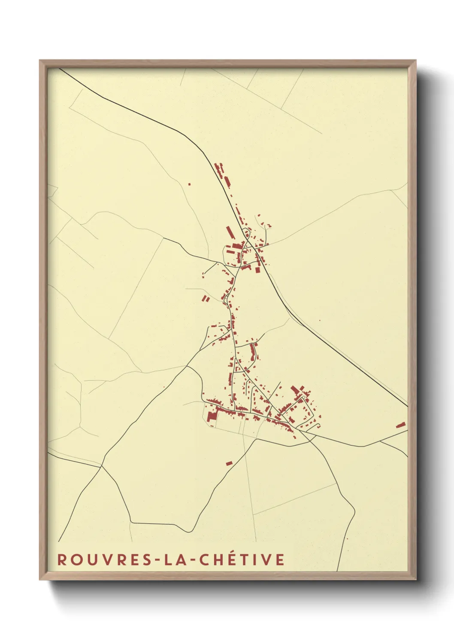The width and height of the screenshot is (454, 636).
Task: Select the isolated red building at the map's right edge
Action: pos(400,425)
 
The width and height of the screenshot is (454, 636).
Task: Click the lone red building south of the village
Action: pos(229,463)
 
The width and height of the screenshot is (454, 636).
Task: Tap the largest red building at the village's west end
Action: pos(211,416)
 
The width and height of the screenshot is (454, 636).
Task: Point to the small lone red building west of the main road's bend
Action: pos(189,184)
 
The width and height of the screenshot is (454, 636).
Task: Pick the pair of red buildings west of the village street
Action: pos(206,298)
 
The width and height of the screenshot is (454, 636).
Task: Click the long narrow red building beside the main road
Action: pos(230,232)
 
